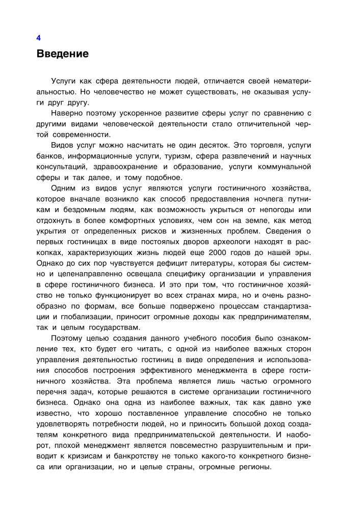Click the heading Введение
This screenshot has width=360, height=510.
[62, 54]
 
